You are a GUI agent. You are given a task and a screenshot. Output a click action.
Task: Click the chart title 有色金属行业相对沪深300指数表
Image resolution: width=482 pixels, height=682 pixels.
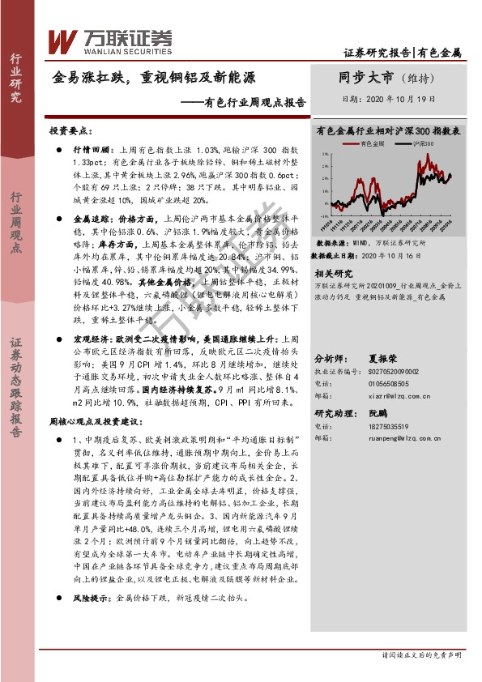pyautogui.click(x=389, y=130)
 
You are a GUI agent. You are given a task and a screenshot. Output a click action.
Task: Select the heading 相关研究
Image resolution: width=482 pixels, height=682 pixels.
pyautogui.click(x=334, y=275)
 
